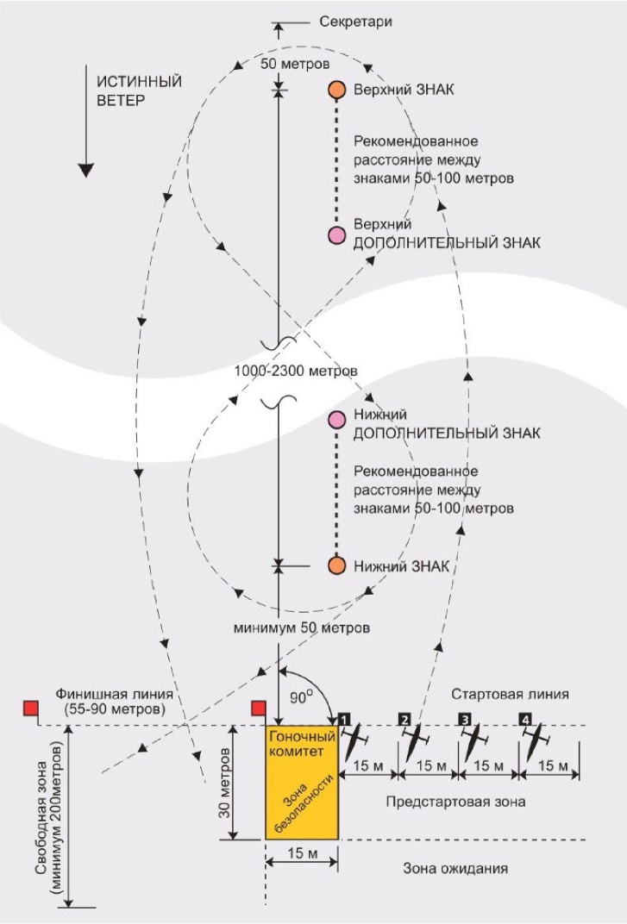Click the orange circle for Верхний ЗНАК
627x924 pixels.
coord(337,90)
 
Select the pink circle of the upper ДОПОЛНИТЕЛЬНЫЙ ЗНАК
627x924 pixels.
coord(337,235)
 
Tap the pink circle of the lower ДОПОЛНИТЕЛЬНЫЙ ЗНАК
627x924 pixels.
coord(337,419)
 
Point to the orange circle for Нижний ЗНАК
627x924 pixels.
coord(337,565)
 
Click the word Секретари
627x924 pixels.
coord(355,22)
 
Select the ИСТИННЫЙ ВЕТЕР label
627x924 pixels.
coord(139,91)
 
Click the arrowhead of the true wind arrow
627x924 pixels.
coord(86,170)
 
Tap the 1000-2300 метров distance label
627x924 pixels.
coord(296,371)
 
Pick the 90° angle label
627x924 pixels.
coord(299,697)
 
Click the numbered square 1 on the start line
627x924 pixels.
coord(344,719)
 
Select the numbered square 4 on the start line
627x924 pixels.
coord(525,719)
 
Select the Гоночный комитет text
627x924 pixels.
coord(301,744)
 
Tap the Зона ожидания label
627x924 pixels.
coord(455,868)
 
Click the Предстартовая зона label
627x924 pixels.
coord(455,802)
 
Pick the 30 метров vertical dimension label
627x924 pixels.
coord(224,782)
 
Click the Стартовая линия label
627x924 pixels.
coord(511,694)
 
